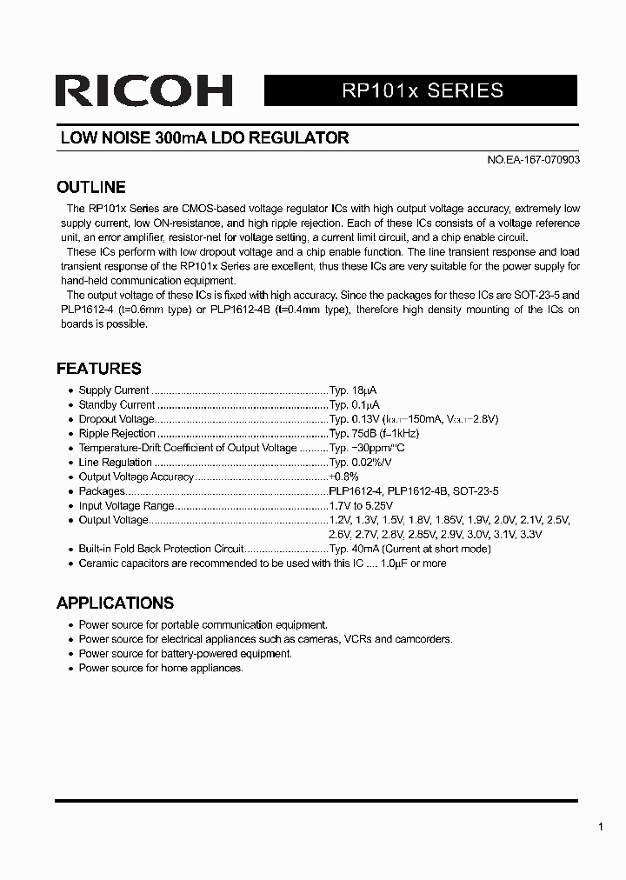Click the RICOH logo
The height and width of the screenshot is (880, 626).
pos(143,90)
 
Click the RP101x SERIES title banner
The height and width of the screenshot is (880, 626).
pos(421,90)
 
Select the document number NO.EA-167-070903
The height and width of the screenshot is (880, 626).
pos(532,161)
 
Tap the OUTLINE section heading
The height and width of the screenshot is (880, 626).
pos(90,187)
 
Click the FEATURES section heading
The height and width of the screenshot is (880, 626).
pos(98,369)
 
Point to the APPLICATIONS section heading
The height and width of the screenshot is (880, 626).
pos(115,603)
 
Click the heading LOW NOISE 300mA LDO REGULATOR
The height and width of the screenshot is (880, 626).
pos(203,138)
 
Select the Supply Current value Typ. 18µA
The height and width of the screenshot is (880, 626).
pos(352,390)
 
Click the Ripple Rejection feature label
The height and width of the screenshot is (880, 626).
pos(117,434)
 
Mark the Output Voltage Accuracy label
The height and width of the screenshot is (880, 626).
pos(136,477)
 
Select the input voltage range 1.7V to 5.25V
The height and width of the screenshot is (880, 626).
pos(361,506)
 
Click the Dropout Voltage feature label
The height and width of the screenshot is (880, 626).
pos(117,419)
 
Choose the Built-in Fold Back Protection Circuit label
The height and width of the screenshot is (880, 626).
pos(161,550)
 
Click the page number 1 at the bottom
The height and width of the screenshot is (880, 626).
pos(600,827)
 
